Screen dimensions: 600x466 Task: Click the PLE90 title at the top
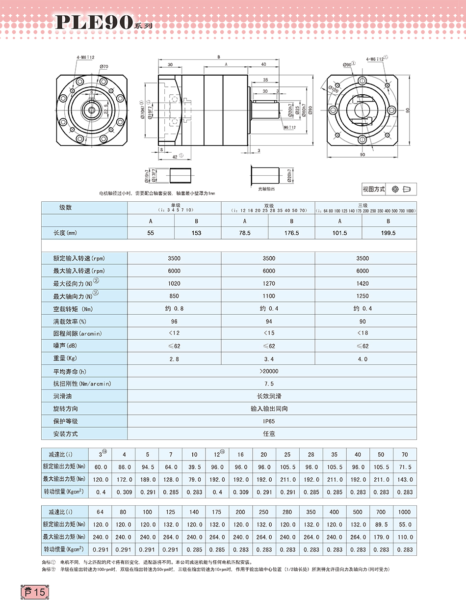93,22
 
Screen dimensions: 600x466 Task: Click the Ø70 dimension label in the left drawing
104,66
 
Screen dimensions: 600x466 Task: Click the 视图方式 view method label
374,189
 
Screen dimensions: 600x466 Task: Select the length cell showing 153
197,233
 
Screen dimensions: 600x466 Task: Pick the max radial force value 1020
174,283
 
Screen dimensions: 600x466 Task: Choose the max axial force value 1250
362,296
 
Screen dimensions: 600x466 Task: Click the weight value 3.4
269,359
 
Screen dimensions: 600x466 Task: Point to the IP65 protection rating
269,421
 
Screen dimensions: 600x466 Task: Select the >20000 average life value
269,371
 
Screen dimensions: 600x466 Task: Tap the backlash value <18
362,333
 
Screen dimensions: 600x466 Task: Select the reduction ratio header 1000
405,512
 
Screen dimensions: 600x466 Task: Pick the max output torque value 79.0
194,479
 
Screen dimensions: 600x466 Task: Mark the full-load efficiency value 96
174,321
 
